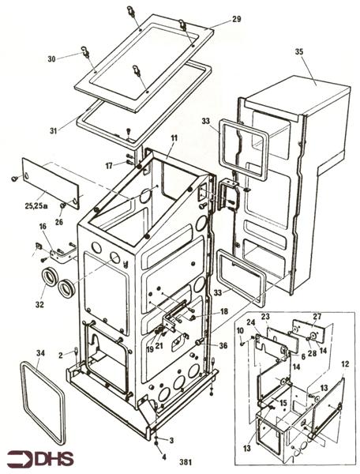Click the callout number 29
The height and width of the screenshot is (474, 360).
tap(236, 19)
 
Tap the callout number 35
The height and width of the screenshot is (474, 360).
tap(298, 52)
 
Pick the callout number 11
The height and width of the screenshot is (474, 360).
tap(174, 139)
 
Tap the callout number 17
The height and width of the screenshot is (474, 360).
tap(110, 165)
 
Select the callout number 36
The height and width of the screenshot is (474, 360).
tap(223, 344)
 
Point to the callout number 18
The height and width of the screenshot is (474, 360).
tap(223, 311)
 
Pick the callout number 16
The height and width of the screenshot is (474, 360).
tap(43, 227)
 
